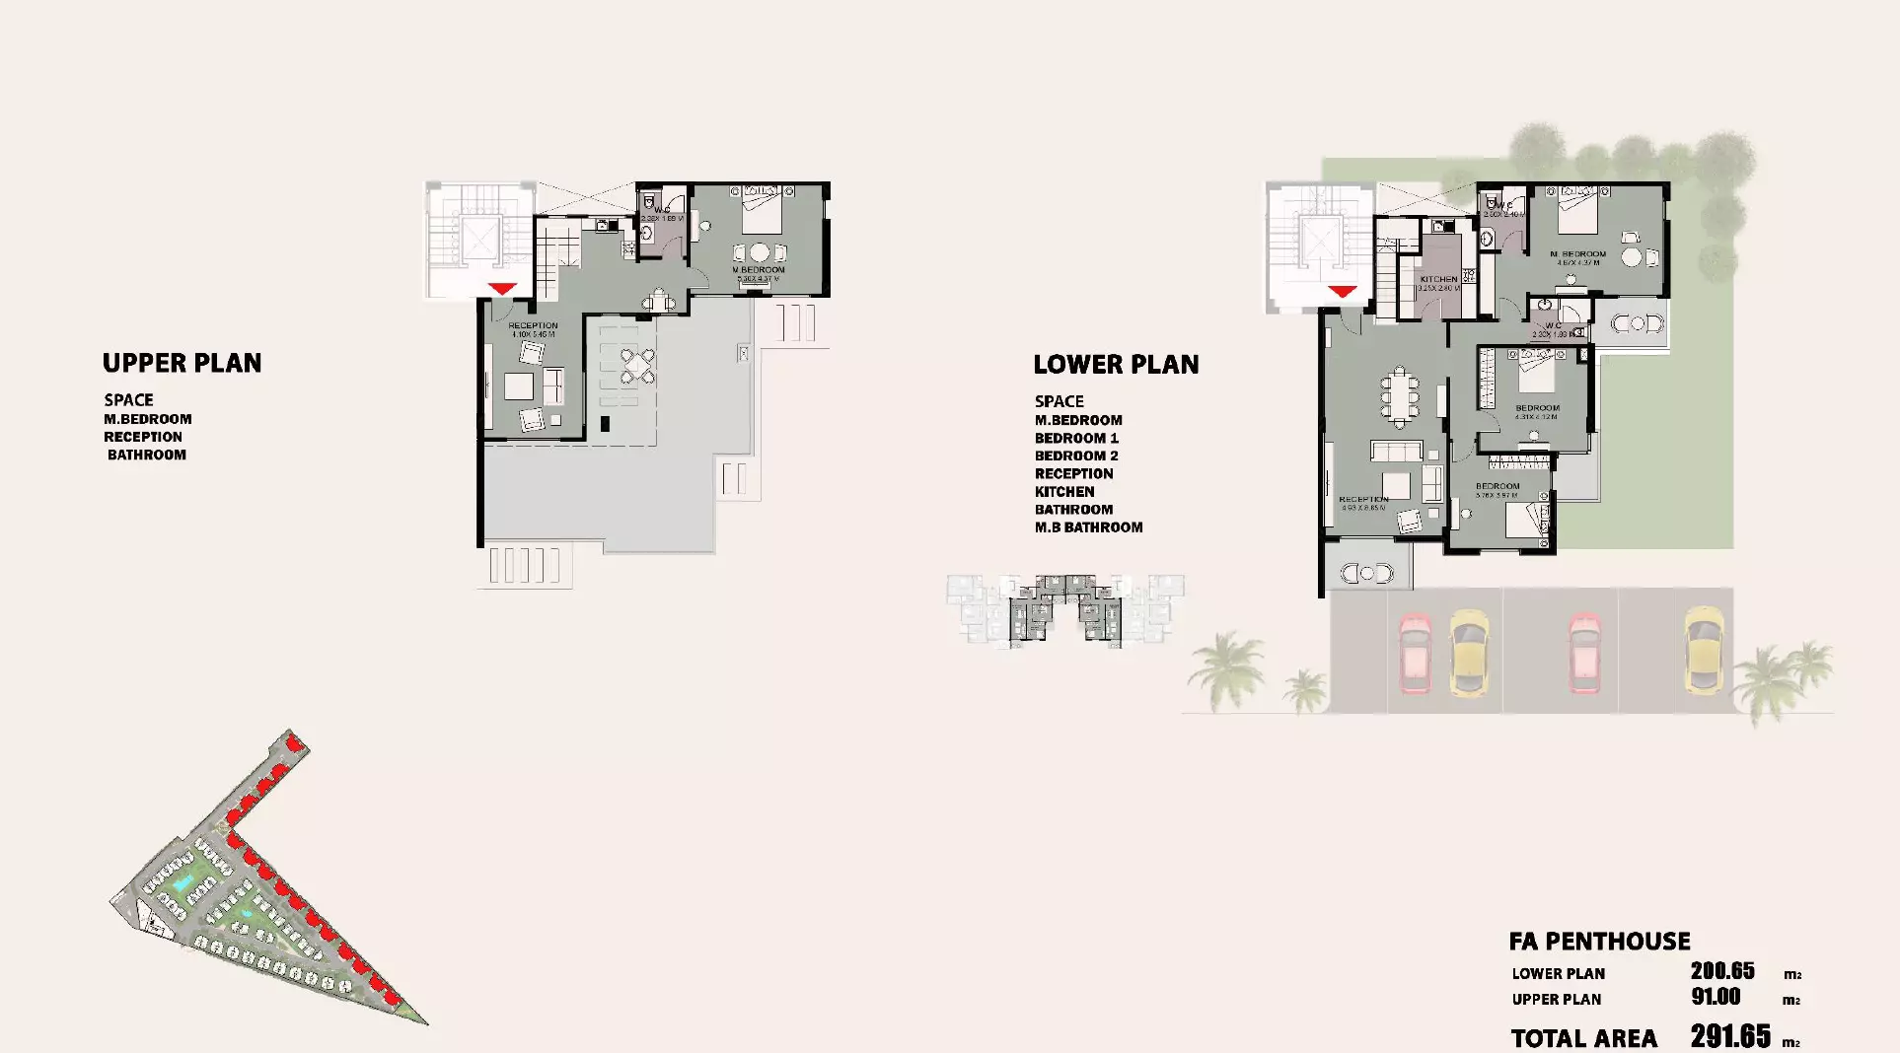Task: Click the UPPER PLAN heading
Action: [182, 363]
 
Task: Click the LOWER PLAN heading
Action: [1116, 365]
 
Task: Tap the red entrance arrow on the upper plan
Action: [502, 288]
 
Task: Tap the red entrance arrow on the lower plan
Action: [1342, 291]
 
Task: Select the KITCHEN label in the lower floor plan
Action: [1438, 280]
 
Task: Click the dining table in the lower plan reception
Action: [1396, 395]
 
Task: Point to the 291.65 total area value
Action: [1730, 1036]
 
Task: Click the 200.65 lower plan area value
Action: [1722, 971]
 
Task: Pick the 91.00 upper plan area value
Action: [1716, 997]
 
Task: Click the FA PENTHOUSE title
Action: [1599, 942]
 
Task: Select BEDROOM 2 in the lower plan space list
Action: [1076, 456]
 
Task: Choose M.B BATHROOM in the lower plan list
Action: [1088, 527]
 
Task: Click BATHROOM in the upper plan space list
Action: [146, 455]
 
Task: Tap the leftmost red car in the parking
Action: [1415, 652]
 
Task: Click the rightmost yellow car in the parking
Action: [1703, 649]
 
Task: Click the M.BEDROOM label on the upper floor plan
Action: [758, 270]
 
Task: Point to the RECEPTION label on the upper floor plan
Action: [533, 325]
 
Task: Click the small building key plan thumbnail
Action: [1064, 609]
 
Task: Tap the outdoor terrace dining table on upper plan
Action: [638, 365]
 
